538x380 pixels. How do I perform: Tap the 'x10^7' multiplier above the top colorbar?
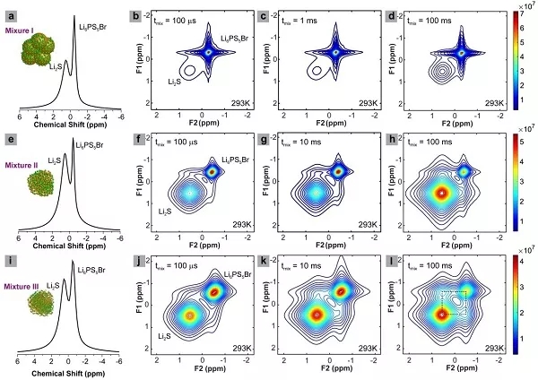click(520, 8)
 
